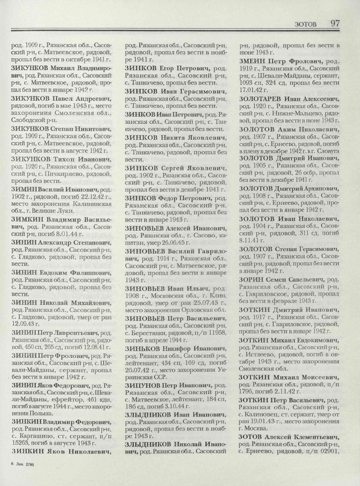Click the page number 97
tap(335, 23)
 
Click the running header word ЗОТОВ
tap(306, 24)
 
